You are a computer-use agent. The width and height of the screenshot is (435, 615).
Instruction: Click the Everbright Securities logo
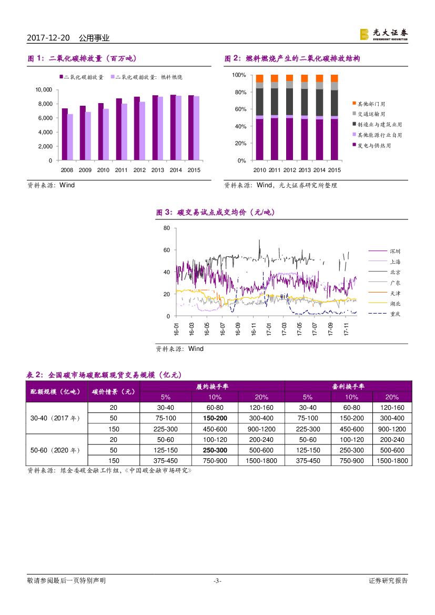383,34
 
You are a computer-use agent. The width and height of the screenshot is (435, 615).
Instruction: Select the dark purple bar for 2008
65,134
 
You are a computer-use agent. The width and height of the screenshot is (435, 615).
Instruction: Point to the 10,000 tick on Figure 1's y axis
43,89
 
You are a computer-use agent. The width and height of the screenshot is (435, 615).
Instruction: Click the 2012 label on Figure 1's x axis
139,170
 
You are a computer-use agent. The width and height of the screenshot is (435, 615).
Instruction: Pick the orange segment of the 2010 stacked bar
259,78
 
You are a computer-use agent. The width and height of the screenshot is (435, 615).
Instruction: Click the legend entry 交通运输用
371,114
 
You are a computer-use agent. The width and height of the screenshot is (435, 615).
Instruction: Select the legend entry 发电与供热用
374,145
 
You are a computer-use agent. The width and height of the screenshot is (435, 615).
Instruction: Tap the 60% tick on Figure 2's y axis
240,109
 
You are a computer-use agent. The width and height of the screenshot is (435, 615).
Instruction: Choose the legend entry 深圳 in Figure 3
395,251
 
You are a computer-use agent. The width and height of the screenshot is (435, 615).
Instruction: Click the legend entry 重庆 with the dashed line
395,314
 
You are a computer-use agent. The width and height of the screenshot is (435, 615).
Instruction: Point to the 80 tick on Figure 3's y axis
167,228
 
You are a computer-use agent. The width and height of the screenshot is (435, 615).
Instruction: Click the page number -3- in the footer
217,581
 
